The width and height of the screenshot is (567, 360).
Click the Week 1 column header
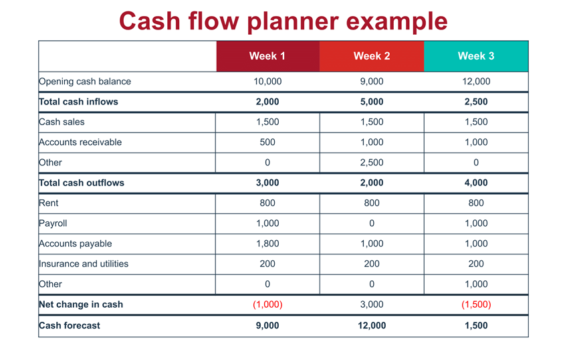(x=267, y=56)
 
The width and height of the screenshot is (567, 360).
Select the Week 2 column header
(x=372, y=56)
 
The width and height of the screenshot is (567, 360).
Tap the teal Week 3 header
(x=476, y=56)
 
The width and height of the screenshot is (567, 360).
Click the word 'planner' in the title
(x=294, y=21)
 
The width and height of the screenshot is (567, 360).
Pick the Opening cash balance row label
(x=85, y=82)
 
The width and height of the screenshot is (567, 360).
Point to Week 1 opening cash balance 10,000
(x=267, y=82)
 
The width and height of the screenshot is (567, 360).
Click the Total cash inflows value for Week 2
(x=372, y=102)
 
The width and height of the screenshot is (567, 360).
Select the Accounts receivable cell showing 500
(x=267, y=142)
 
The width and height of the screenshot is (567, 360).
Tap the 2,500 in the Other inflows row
(x=372, y=163)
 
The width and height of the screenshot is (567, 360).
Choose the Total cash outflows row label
(x=82, y=183)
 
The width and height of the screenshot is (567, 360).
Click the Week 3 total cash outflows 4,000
(x=476, y=183)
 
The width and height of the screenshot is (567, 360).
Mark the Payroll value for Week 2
(x=372, y=223)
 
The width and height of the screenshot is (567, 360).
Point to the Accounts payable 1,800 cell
(x=267, y=244)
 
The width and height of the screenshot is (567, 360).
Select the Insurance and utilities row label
(x=84, y=264)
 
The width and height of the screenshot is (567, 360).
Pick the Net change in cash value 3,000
(x=372, y=304)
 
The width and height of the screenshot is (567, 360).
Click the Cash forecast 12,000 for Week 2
(x=372, y=325)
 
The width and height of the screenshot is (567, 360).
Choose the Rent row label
(x=48, y=203)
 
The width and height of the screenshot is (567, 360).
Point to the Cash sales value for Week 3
(x=476, y=122)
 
